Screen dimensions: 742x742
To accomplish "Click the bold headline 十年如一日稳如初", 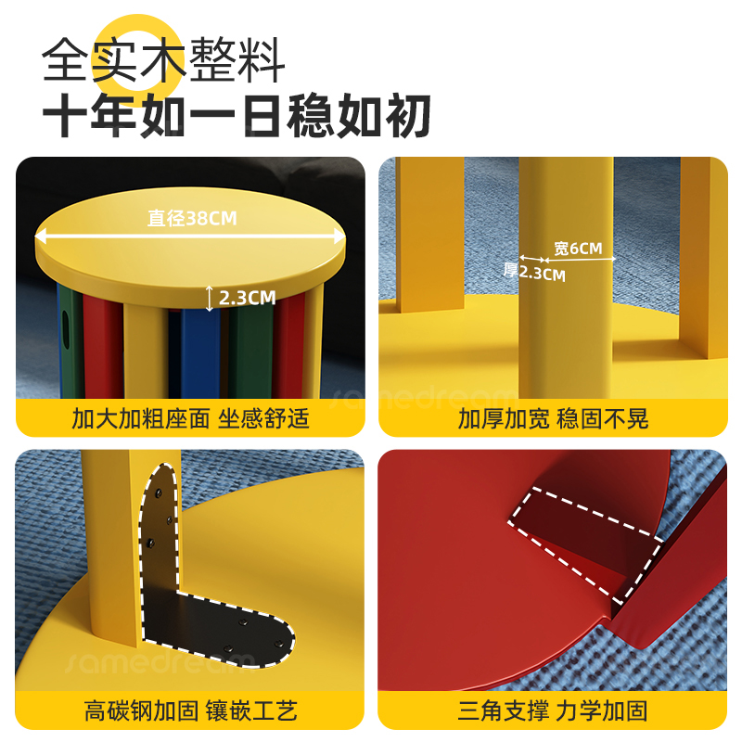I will (x=237, y=117).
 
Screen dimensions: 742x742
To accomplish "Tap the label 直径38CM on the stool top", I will (x=193, y=219).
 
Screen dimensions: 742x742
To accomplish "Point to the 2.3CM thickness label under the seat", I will (x=247, y=298).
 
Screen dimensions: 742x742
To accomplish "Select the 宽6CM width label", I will (x=578, y=249).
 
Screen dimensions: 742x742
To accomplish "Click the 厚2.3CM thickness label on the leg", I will (x=534, y=273).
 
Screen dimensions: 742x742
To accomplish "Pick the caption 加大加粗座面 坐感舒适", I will (x=190, y=418).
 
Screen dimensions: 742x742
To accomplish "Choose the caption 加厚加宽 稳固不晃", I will (x=553, y=418).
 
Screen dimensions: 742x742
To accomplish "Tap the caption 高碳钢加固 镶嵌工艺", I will (x=190, y=711).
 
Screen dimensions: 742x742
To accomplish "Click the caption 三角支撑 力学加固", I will (x=553, y=711).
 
